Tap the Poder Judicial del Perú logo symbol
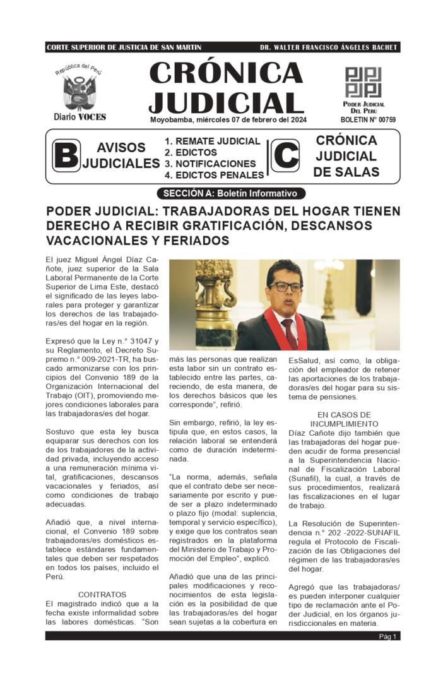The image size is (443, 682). click(x=363, y=82)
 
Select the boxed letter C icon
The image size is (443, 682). click(x=285, y=156)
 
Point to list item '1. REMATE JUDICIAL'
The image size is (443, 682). click(x=212, y=141)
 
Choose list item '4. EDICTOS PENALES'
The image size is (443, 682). click(x=214, y=175)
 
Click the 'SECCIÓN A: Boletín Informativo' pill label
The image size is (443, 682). click(x=230, y=193)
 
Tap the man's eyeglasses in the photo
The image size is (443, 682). click(x=285, y=286)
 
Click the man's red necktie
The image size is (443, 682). click(x=289, y=332)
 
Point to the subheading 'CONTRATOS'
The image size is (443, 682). click(x=102, y=594)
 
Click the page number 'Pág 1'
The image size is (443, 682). click(x=387, y=637)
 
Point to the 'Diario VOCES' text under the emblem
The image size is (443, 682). click(x=80, y=117)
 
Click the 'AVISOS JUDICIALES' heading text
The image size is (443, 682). click(x=121, y=155)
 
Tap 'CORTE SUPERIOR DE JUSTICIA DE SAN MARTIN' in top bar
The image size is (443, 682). click(x=124, y=48)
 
